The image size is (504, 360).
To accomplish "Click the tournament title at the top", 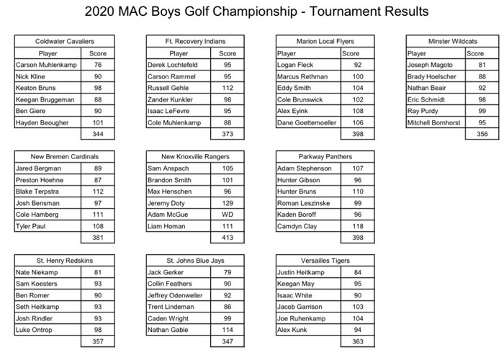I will pos(256,12).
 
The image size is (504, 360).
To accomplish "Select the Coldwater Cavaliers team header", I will pos(64,42).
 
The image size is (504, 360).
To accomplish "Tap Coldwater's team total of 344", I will pos(97,134).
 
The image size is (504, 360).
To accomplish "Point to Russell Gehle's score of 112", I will pos(228,88).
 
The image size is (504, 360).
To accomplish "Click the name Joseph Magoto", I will pos(431,65).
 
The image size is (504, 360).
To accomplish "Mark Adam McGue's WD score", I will pos(228,215).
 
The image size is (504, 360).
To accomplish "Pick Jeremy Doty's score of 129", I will pos(228,203).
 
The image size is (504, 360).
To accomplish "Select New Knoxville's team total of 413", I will pos(228,238).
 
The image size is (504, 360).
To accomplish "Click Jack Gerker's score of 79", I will pos(228,273).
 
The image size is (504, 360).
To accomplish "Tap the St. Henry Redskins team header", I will pos(64,260).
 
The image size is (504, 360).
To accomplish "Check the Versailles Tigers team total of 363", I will pos(358,342).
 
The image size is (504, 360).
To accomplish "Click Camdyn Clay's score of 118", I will pos(358,226).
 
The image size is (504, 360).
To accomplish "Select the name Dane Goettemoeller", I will pos(307,122).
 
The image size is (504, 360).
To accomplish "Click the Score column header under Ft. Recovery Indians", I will pos(228,53).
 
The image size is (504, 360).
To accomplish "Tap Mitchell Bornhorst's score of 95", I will pos(482,122).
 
